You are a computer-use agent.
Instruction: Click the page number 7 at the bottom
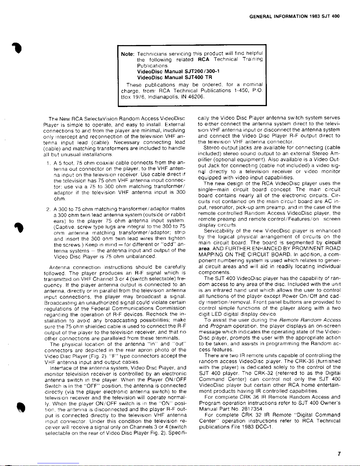[x=339, y=454]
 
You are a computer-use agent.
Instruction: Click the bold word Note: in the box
[x=128, y=54]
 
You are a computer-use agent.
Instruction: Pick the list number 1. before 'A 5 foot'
[x=48, y=163]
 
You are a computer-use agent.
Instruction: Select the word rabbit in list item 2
[x=178, y=215]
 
